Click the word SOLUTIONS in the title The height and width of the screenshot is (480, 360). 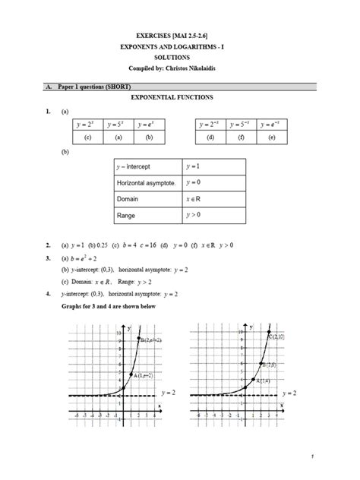pos(180,57)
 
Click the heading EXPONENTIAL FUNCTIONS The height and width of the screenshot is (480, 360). pos(179,98)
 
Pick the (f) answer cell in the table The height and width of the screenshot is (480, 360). pos(241,137)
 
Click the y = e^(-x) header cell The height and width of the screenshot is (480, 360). pos(273,124)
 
